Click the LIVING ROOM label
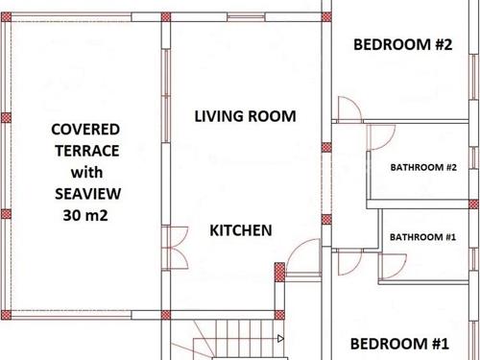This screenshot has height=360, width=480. tap(245, 116)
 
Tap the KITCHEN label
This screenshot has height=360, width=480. tap(241, 230)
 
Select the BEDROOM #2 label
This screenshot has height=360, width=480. tap(402, 44)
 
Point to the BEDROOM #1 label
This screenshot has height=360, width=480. tap(399, 344)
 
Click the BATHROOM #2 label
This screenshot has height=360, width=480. tap(423, 167)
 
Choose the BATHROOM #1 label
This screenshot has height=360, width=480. tap(422, 237)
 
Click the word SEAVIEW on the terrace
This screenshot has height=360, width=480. tap(87, 194)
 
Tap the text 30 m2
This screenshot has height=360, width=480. tap(85, 215)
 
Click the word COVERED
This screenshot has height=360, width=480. tap(85, 130)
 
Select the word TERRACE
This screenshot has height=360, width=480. tap(87, 151)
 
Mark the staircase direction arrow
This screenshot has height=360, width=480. tap(280, 338)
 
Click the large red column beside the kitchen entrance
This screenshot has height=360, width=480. tap(279, 273)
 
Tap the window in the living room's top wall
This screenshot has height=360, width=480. tap(246, 16)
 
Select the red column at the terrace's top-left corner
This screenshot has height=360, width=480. tap(6, 17)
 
